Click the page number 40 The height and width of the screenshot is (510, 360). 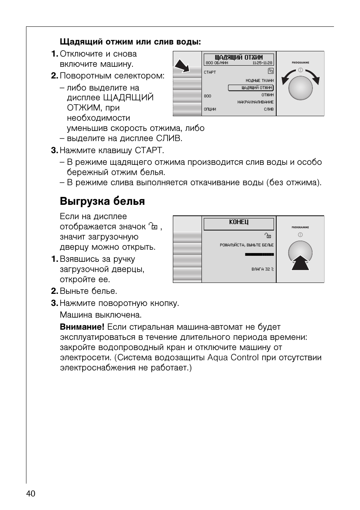tap(31, 493)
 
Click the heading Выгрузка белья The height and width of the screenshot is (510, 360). tap(102, 201)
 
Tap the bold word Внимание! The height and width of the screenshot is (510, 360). tap(82, 327)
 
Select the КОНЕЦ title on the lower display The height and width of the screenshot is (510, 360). tap(238, 222)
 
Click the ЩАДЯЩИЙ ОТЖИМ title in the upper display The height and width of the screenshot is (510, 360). tap(238, 57)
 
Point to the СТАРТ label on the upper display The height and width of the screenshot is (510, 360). tap(210, 72)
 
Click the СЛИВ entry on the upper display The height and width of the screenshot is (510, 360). tap(269, 109)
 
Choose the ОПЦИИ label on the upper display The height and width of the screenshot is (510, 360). tap(210, 109)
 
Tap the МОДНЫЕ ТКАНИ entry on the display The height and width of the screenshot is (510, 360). tap(260, 80)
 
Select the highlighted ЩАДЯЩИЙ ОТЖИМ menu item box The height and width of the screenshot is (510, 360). tap(251, 88)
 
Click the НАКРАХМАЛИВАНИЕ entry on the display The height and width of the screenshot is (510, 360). tap(255, 102)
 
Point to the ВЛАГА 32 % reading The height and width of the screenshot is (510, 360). tap(263, 269)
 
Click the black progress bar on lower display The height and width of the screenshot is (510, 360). tap(259, 255)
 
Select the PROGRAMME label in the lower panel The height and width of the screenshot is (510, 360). tap(300, 227)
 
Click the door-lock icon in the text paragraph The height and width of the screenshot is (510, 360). tap(153, 227)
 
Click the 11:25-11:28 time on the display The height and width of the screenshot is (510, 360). tap(262, 63)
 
